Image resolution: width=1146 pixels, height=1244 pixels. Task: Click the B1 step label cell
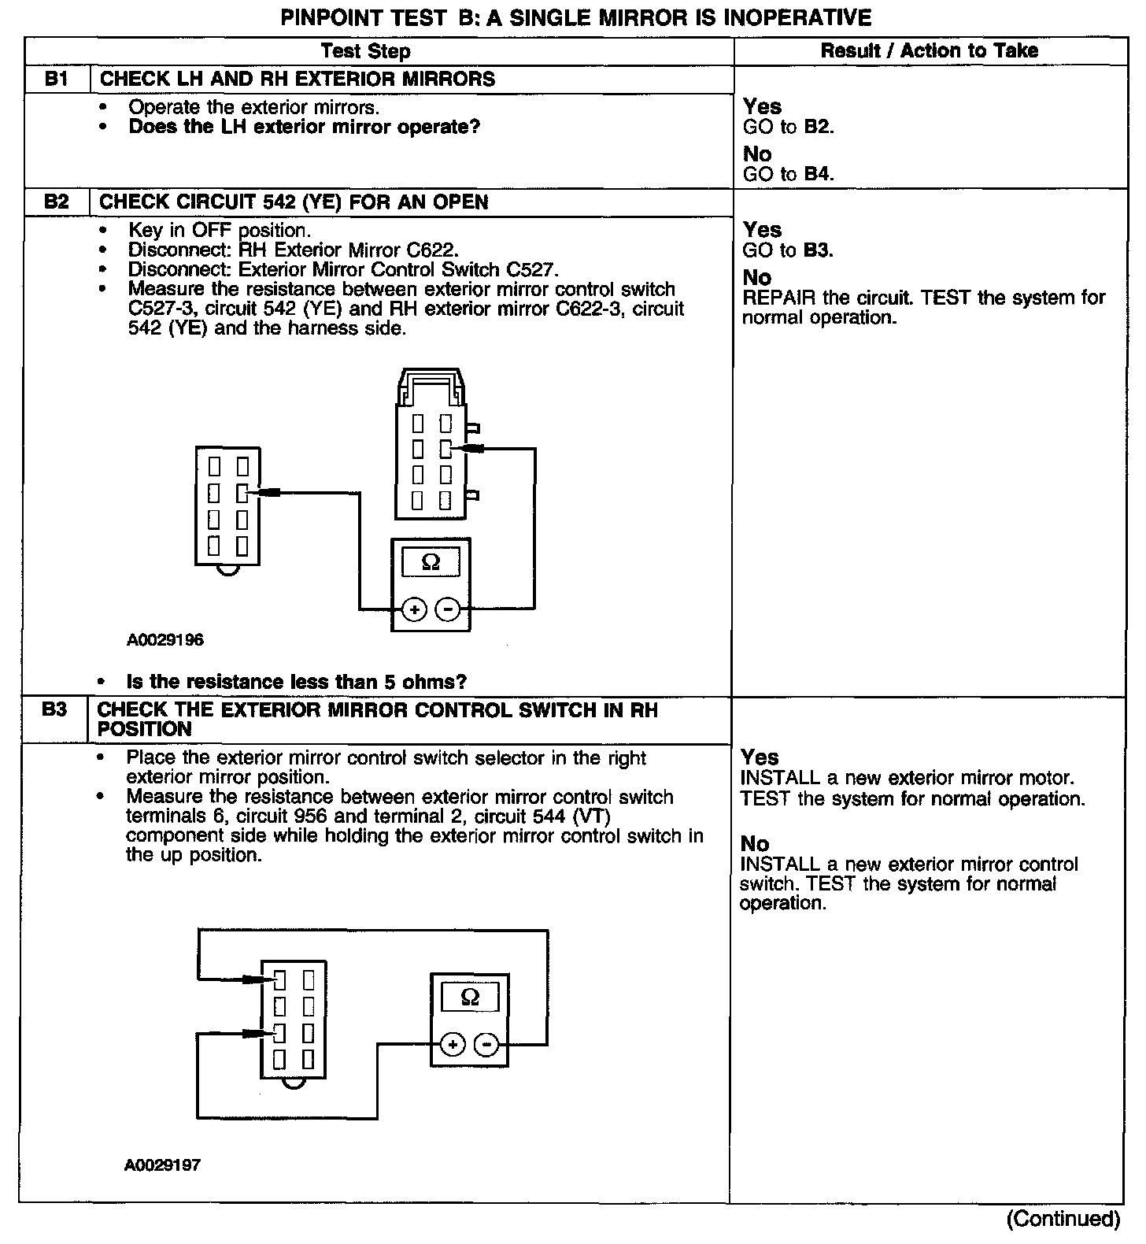tap(57, 79)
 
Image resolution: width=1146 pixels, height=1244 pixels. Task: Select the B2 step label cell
tap(57, 202)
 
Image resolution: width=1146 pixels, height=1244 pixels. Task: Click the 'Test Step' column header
tap(365, 52)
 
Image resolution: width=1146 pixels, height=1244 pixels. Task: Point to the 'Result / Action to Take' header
tap(930, 51)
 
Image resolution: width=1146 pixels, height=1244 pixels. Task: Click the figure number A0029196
tap(165, 640)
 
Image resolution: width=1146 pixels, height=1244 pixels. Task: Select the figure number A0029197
tap(162, 1164)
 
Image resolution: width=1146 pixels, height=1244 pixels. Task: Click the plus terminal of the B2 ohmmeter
tap(414, 609)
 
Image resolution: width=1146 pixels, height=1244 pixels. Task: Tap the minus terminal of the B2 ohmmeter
tap(448, 609)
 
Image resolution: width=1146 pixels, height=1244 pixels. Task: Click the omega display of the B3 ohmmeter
tap(470, 998)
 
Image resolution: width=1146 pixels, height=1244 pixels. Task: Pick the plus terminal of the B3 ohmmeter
tap(453, 1045)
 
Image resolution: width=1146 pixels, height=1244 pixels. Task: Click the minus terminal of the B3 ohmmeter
tap(487, 1045)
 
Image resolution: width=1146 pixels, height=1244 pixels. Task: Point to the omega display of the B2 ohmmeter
tap(431, 561)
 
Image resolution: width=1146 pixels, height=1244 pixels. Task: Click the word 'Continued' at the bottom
tap(1063, 1219)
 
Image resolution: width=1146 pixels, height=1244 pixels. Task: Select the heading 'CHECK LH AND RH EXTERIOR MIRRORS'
tap(298, 79)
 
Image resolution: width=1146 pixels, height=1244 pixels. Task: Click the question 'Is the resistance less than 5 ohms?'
tap(297, 682)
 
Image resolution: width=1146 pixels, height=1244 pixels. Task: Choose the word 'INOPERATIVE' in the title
tap(793, 17)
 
